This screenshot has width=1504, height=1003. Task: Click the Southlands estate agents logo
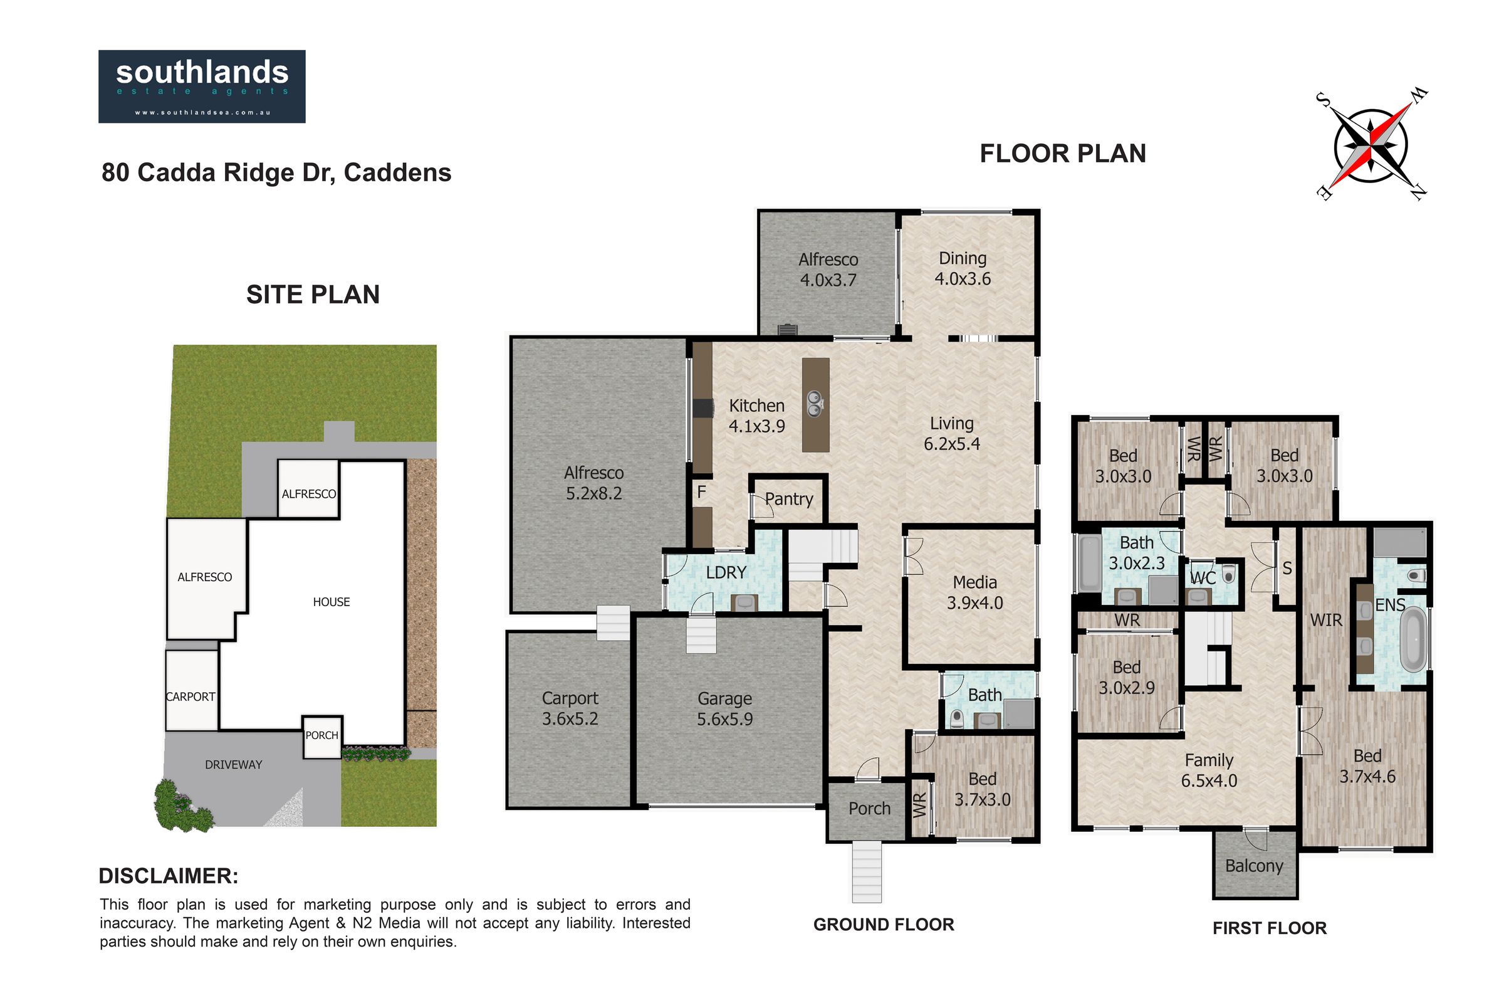(201, 87)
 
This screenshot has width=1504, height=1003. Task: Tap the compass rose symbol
(1371, 147)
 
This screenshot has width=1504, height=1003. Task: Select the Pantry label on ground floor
(789, 499)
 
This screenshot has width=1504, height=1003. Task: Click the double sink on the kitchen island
(815, 404)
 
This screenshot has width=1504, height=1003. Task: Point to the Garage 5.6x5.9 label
(724, 709)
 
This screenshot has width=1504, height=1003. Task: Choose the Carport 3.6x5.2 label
(570, 708)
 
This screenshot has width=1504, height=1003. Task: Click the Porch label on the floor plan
(869, 809)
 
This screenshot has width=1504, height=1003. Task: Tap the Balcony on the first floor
(1254, 866)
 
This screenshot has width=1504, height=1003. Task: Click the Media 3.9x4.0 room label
(974, 592)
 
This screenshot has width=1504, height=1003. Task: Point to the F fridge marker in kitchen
(701, 491)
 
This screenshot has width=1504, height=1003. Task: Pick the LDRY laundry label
(726, 572)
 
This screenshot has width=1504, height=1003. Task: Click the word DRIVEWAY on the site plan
(233, 764)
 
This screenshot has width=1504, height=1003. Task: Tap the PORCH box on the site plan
(321, 736)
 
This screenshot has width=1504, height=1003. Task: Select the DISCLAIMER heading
(168, 876)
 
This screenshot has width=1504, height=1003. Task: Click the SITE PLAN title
(313, 295)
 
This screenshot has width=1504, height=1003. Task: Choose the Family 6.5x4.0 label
(1209, 770)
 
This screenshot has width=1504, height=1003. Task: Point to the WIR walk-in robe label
(1325, 620)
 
